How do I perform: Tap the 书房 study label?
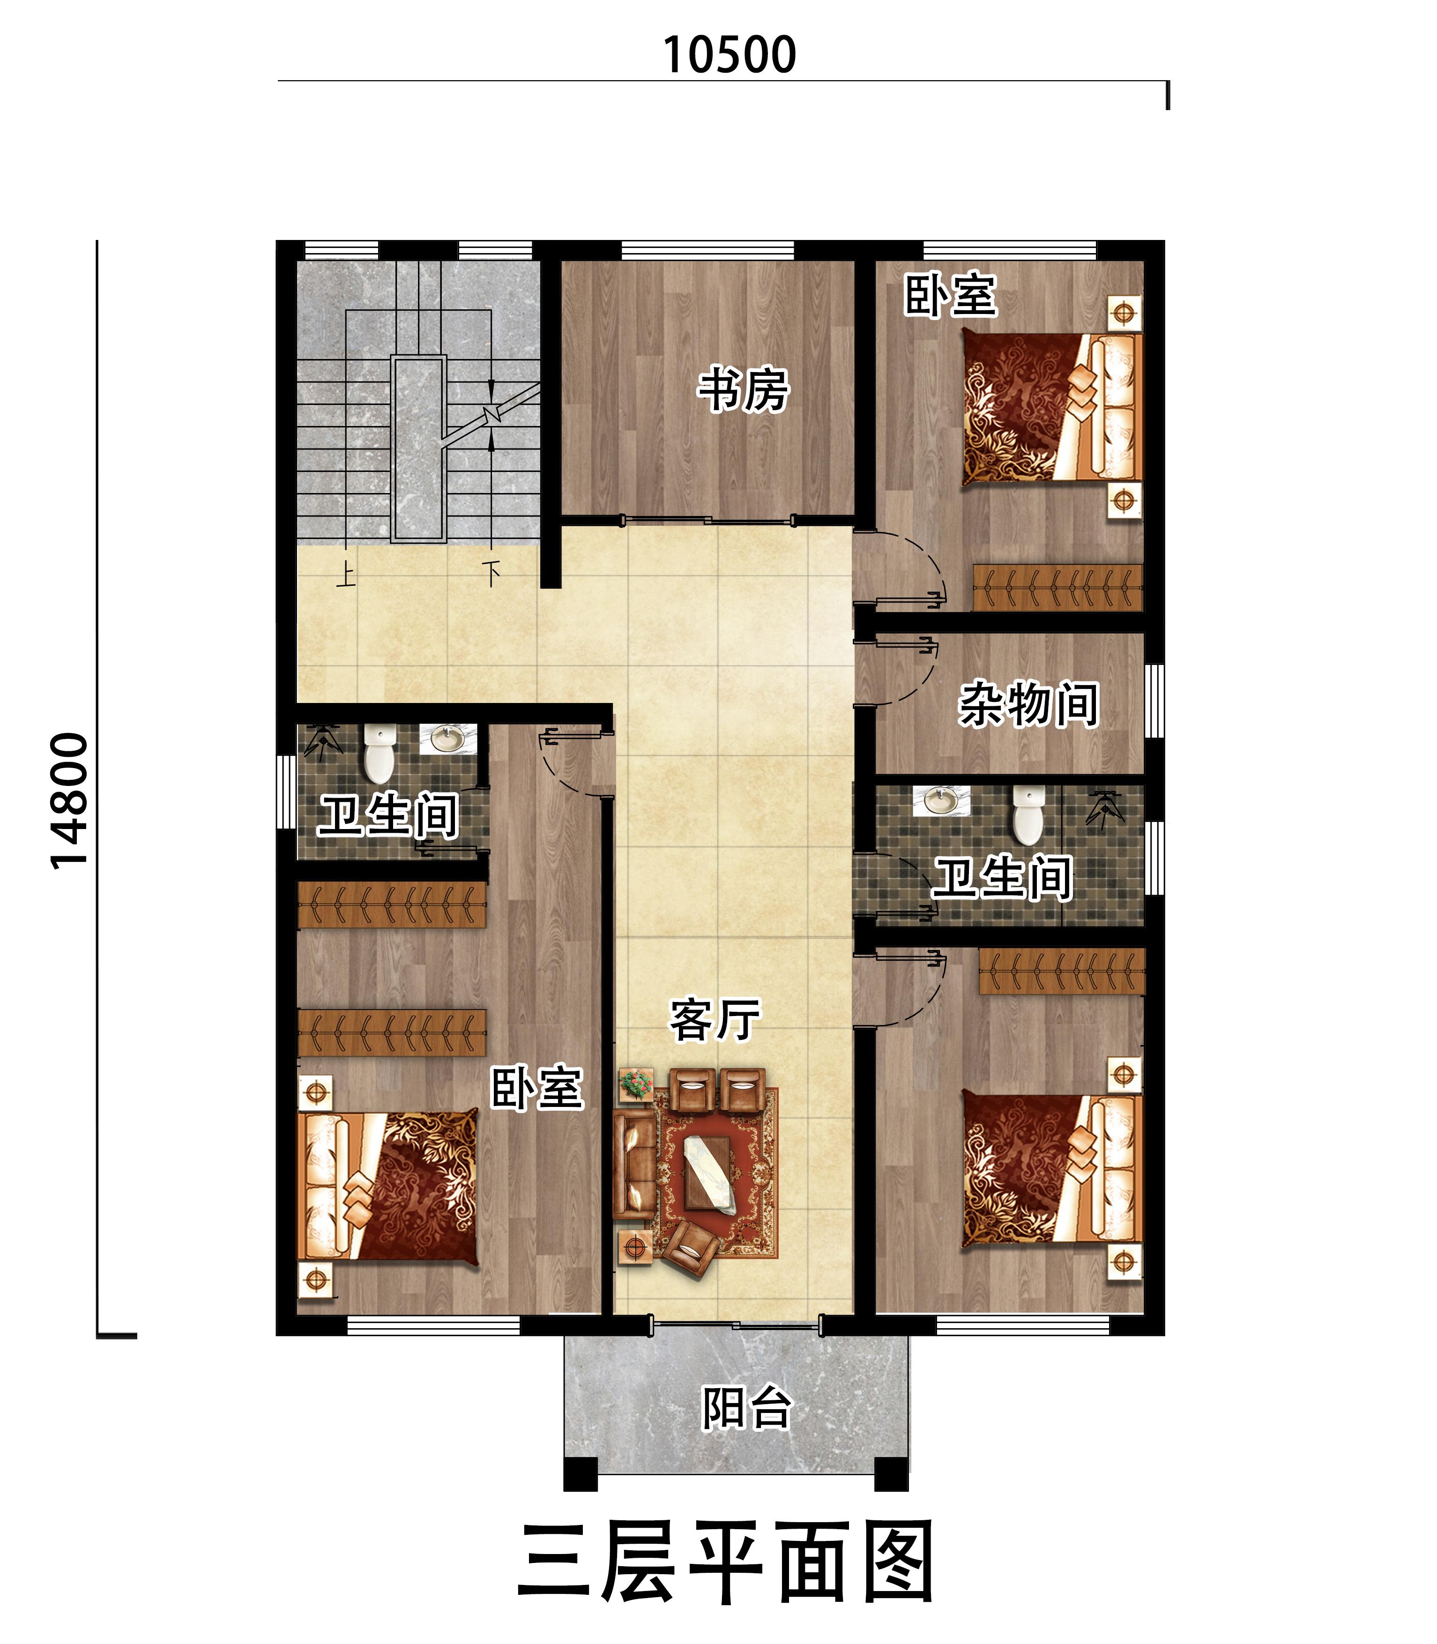click(x=744, y=390)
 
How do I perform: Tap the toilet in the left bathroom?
click(x=380, y=754)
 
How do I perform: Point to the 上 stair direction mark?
click(x=346, y=574)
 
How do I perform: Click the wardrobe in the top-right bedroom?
click(x=1057, y=588)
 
